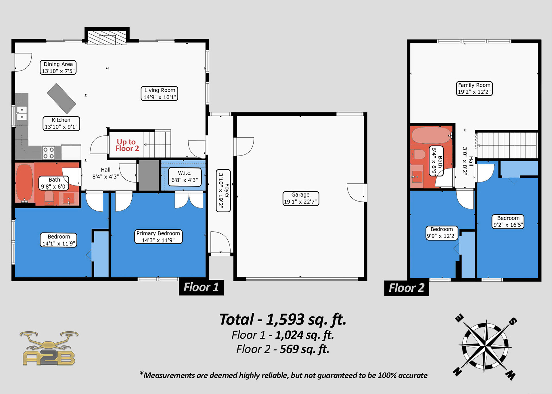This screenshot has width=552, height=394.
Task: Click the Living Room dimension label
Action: [x=159, y=93]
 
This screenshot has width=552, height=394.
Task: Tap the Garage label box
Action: [x=301, y=198]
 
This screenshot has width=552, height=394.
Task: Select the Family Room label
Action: [x=474, y=89]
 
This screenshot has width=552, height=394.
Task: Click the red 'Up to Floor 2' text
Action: [x=127, y=145]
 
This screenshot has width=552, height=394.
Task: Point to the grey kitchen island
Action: [x=62, y=99]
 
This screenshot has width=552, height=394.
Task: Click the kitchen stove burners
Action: [x=48, y=153]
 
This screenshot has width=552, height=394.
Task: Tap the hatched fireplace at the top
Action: [x=107, y=38]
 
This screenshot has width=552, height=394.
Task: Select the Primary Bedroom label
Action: [x=158, y=237]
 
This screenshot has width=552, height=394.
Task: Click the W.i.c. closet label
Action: [x=185, y=176]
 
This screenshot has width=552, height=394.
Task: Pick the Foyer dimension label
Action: [x=223, y=191]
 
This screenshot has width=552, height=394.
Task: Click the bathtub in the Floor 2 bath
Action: [x=431, y=135]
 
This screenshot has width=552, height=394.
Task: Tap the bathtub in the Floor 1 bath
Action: [x=24, y=182]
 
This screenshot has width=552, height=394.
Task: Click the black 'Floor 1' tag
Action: [x=201, y=287]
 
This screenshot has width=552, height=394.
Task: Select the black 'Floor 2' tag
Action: [x=407, y=288]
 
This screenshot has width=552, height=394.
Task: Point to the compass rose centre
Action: [x=485, y=347]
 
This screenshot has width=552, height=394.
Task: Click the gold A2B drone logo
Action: [x=49, y=348]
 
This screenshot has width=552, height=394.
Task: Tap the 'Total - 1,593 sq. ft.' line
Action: [x=283, y=319]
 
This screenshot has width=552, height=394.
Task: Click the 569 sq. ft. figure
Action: [x=304, y=349]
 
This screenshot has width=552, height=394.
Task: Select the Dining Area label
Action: [x=58, y=68]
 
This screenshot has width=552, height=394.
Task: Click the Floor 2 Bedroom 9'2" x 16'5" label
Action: [x=508, y=221]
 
